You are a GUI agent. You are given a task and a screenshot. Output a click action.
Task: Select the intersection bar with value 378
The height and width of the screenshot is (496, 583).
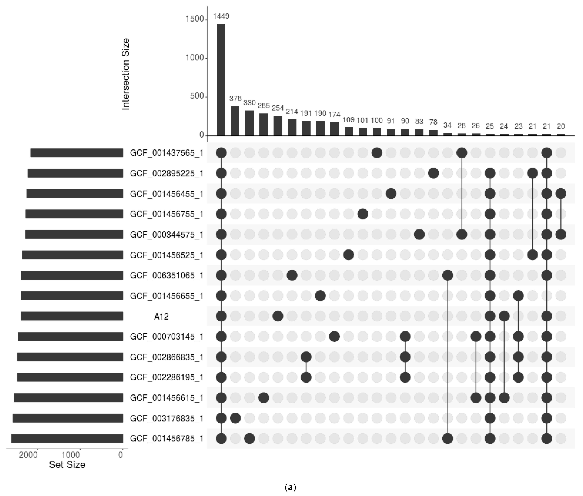tap(235, 121)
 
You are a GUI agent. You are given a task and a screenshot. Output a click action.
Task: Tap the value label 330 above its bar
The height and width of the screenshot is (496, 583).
tap(249, 103)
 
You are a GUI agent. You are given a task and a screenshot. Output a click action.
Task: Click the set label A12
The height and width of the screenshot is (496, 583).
tap(161, 317)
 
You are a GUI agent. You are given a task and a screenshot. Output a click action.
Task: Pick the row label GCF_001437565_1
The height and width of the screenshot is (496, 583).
tap(166, 153)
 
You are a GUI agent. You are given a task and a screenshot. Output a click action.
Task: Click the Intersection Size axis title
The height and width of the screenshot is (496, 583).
tap(126, 74)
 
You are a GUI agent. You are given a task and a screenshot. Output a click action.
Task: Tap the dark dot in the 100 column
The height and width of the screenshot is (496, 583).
tap(376, 153)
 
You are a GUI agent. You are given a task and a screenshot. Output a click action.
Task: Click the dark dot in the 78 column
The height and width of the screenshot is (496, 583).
tap(433, 173)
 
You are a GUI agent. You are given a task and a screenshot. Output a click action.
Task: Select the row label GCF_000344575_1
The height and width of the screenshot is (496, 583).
tap(166, 234)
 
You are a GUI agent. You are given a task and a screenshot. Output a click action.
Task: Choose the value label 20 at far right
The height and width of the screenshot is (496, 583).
tap(560, 126)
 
